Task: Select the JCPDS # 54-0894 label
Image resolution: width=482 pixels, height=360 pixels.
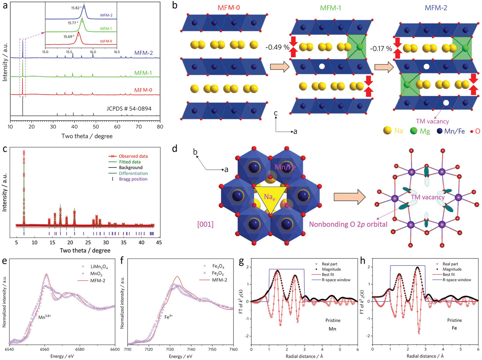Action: point(129,109)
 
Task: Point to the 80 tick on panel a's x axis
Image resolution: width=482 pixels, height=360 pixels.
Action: point(160,127)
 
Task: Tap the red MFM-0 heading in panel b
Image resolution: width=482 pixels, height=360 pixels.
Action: point(228,7)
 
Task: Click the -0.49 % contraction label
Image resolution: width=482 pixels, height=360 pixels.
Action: point(277,47)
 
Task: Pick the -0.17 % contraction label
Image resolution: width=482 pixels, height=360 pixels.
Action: point(381,48)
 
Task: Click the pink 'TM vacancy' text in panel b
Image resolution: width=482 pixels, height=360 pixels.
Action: point(432,121)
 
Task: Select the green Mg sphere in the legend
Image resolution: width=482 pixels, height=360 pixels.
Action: point(414,131)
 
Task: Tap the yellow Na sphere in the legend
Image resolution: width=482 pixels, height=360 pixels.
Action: point(387,130)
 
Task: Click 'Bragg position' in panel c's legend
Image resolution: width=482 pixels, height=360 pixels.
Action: point(133,179)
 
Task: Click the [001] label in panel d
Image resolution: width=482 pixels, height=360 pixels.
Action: point(205,224)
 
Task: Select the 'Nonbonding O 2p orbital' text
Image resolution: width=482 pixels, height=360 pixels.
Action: point(348,224)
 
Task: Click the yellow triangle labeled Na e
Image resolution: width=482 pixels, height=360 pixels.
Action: point(270,198)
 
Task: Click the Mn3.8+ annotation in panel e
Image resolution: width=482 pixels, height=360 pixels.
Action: point(45,317)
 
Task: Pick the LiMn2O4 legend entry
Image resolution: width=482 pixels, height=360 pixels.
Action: point(99,267)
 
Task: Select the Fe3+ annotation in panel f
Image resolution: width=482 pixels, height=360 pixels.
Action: point(169,317)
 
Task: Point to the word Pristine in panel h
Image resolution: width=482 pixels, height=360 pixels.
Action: point(454,320)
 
